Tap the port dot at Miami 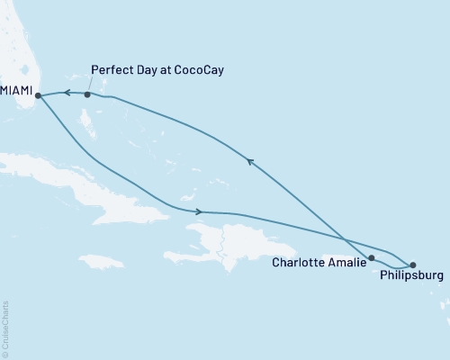(38, 95)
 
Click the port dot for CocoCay (87, 94)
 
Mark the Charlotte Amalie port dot (371, 258)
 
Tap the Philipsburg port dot (413, 265)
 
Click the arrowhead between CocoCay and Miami (65, 92)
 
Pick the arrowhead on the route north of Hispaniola (197, 211)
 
